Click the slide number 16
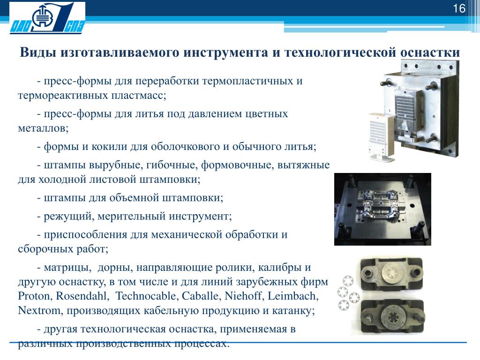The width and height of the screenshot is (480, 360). (x=459, y=8)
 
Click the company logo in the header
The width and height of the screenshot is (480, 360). (x=47, y=17)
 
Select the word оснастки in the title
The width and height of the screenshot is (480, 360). (x=430, y=52)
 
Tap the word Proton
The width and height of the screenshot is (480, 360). (x=35, y=296)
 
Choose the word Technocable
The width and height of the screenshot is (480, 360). (x=146, y=296)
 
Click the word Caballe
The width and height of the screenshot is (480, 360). (x=201, y=296)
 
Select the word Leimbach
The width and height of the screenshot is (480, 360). (x=293, y=296)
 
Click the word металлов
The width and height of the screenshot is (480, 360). (x=43, y=128)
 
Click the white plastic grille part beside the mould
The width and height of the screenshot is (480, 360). (x=379, y=136)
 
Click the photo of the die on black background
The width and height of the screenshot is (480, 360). (x=382, y=209)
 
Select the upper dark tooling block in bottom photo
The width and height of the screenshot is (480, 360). (x=392, y=274)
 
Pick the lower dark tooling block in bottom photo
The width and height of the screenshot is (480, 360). (x=392, y=317)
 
